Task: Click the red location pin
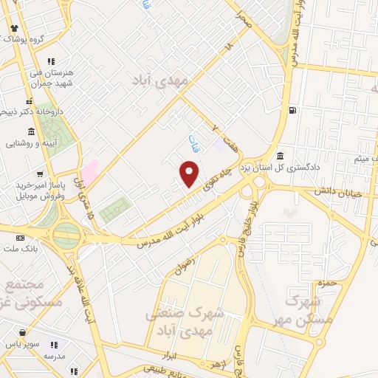pos(189,174)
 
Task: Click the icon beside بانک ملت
pos(20,238)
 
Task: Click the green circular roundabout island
pos(67,236)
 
